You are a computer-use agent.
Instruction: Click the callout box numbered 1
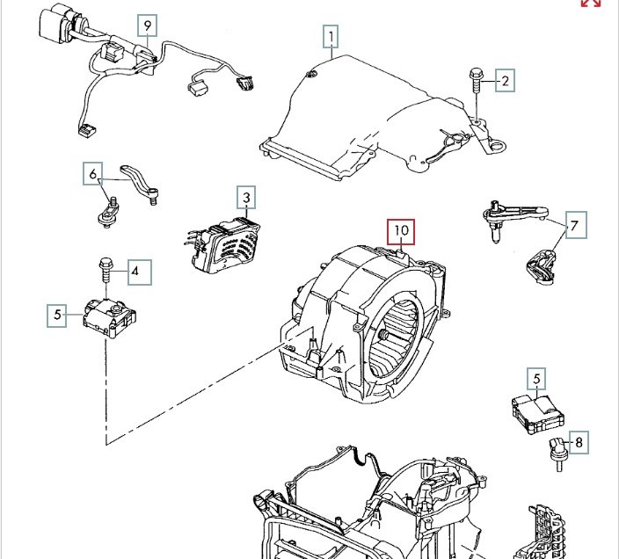(x=331, y=37)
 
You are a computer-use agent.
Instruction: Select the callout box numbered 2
(x=505, y=82)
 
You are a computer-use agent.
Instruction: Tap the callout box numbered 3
(x=247, y=198)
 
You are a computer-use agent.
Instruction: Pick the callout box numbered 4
(x=135, y=272)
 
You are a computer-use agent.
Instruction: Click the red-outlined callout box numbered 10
(x=401, y=232)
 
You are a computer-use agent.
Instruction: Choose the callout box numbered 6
(x=93, y=175)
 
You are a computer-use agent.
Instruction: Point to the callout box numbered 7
(x=573, y=227)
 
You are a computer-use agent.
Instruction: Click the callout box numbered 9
(x=147, y=25)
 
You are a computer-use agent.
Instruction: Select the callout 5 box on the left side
(x=57, y=315)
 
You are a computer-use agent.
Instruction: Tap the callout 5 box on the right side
(x=535, y=380)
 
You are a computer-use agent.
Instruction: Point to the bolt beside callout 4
(x=106, y=268)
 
